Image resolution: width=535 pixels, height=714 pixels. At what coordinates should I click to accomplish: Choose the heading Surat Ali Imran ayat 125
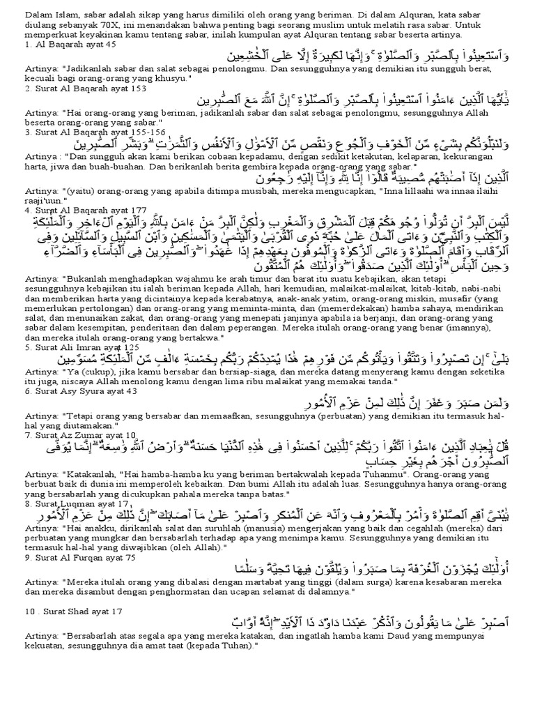pos(71,345)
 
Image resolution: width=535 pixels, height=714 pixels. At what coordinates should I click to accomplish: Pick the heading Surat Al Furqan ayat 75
pos(70,557)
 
